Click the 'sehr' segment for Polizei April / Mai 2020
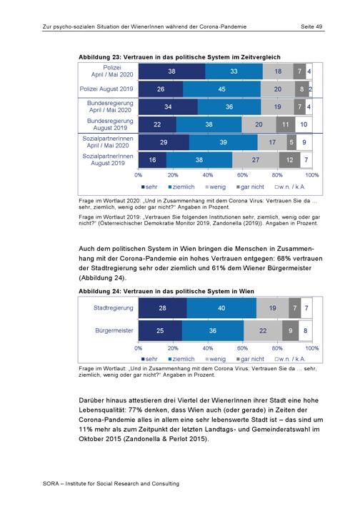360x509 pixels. point(172,71)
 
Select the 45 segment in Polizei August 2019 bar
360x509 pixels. point(222,89)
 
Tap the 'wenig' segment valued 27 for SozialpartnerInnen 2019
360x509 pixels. point(256,159)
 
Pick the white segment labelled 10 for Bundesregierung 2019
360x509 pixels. point(304,124)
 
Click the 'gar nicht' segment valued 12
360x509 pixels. point(289,159)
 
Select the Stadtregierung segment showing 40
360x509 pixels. point(221,307)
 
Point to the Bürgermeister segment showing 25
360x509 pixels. point(160,330)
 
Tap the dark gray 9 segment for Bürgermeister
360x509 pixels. point(290,330)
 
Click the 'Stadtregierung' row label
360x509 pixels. point(113,307)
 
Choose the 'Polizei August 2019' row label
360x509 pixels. point(106,89)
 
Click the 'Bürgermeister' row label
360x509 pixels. point(114,330)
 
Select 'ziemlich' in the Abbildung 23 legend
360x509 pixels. point(184,187)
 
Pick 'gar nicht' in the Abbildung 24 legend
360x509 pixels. point(252,359)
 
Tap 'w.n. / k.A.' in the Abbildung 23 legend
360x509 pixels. point(291,187)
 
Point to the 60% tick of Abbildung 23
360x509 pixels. point(243,175)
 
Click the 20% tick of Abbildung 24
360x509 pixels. point(173,348)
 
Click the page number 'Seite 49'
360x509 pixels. point(311,26)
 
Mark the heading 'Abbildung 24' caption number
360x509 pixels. point(99,291)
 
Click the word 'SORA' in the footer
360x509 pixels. point(51,483)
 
